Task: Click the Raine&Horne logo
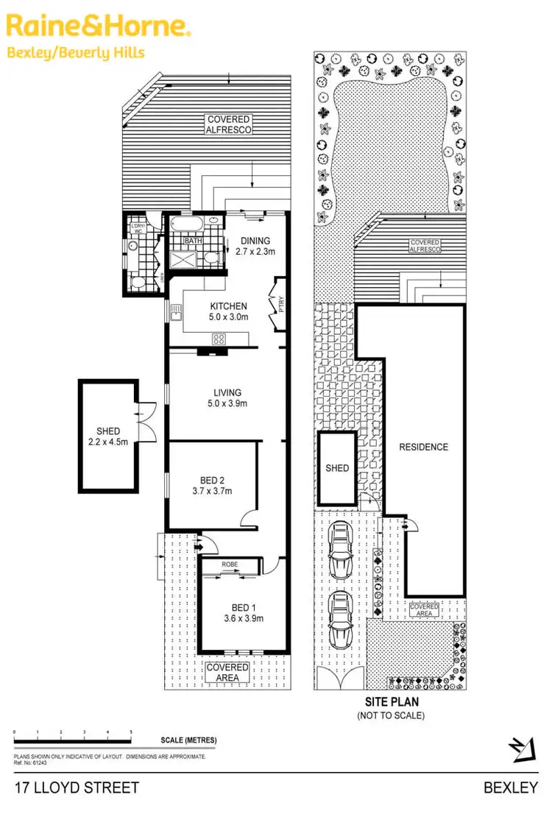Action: click(99, 26)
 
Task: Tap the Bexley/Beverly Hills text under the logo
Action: click(76, 52)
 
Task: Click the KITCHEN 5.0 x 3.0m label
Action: click(229, 312)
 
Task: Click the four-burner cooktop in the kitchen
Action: click(219, 339)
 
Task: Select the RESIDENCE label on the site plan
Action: click(423, 447)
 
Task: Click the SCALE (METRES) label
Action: click(188, 740)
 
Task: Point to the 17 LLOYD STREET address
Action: click(77, 788)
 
